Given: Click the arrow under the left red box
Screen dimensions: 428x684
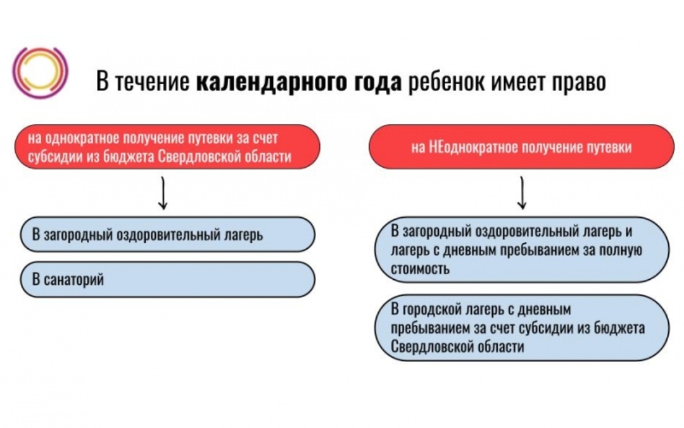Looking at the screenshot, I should (163, 194).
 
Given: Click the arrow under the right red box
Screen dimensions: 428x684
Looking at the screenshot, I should (522, 194).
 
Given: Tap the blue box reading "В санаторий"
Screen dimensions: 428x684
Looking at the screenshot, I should (167, 280).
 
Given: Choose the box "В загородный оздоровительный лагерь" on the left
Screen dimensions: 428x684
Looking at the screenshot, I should (167, 235).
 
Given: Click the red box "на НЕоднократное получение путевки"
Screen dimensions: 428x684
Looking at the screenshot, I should (521, 147).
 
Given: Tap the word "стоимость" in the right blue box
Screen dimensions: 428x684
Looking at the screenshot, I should (421, 268).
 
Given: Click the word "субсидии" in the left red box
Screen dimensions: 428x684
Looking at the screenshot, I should (51, 157).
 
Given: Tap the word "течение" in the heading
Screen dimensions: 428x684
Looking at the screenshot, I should (151, 82).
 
